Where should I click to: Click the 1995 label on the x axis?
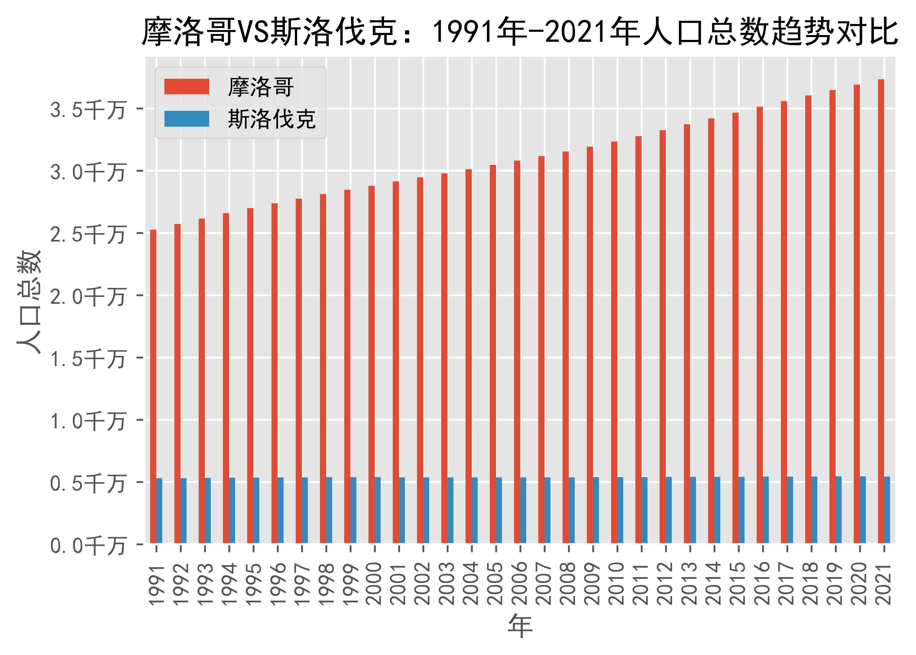coord(253,584)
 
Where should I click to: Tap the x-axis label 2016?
coord(762,584)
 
